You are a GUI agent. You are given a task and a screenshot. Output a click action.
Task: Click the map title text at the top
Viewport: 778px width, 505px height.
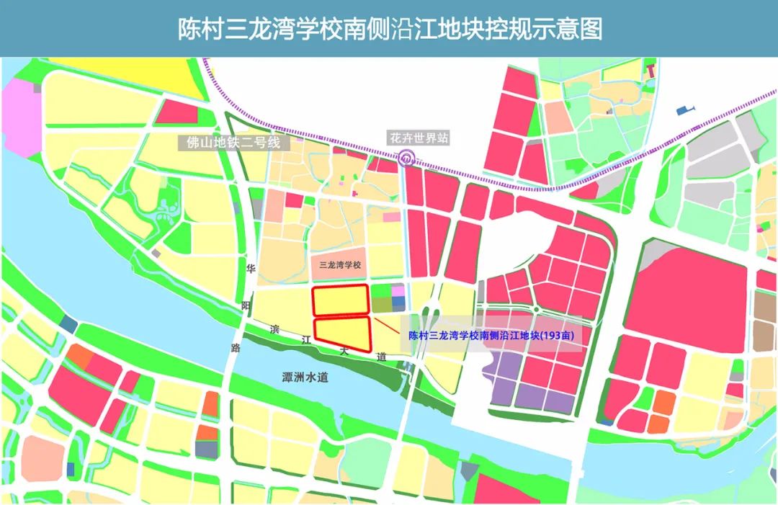(389, 28)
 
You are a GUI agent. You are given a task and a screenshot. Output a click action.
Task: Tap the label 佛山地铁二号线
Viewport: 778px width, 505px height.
(233, 142)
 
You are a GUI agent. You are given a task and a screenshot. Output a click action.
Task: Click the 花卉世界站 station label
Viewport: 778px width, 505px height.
(419, 138)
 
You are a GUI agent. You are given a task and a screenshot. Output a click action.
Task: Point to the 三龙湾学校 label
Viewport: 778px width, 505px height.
(340, 264)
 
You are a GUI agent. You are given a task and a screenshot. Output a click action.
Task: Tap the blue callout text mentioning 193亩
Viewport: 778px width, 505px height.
(495, 336)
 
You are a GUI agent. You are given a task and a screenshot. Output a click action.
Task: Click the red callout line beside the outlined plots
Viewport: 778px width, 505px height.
(386, 325)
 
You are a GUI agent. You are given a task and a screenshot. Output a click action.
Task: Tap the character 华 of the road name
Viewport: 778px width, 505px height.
(251, 269)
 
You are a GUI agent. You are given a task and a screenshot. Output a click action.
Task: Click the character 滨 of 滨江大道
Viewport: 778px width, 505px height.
(274, 329)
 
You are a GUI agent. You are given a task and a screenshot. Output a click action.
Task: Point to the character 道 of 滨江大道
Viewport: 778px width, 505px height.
(381, 357)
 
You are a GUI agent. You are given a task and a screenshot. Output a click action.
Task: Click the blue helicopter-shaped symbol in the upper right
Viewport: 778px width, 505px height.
(685, 110)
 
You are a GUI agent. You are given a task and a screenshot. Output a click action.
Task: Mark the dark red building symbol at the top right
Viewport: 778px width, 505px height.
(651, 69)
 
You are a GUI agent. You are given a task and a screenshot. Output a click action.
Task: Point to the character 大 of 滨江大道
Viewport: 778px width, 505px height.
(344, 350)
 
